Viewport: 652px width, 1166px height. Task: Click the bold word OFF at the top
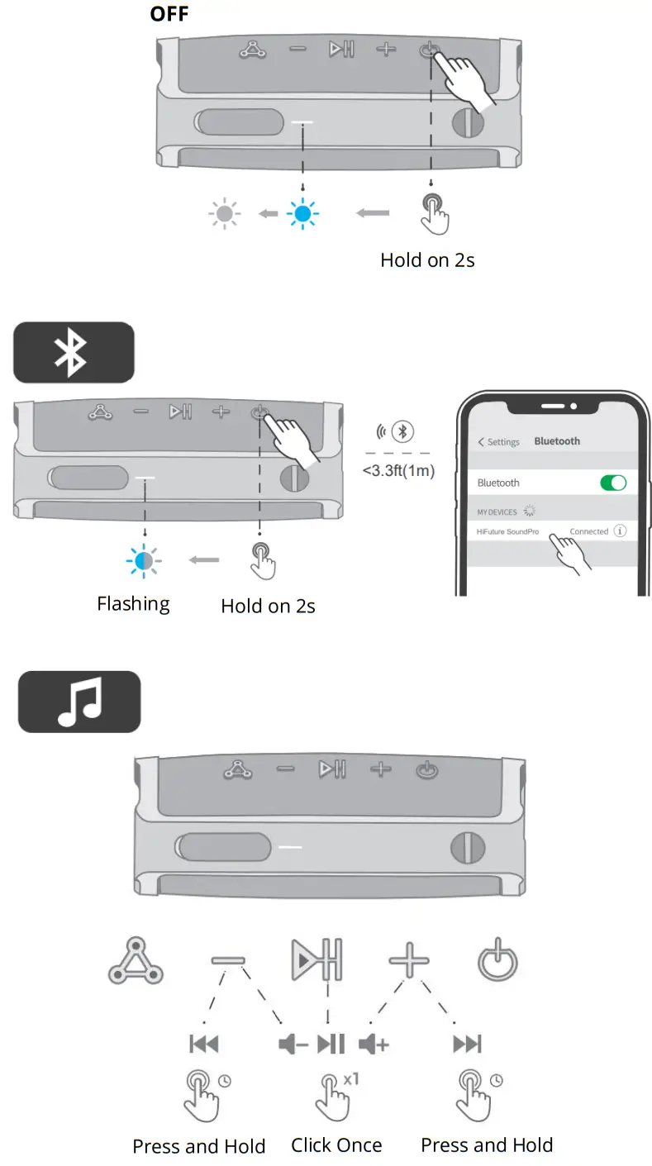click(x=169, y=14)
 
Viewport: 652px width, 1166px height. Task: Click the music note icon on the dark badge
click(x=79, y=702)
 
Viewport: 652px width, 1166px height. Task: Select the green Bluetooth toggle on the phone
click(x=612, y=483)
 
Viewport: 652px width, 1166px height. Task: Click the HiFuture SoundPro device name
click(x=507, y=531)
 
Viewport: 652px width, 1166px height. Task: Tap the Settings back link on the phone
click(x=498, y=442)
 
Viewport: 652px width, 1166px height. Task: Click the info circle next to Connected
click(x=619, y=531)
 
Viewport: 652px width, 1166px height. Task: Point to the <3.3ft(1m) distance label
click(x=398, y=471)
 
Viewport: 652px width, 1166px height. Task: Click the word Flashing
click(x=133, y=604)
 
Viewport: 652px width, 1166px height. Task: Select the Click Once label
click(x=336, y=1145)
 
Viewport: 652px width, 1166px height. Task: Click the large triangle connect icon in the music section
click(x=136, y=964)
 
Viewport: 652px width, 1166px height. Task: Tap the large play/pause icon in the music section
click(x=316, y=961)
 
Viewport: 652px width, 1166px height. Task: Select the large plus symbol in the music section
click(x=409, y=961)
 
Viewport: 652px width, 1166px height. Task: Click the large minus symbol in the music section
click(x=228, y=961)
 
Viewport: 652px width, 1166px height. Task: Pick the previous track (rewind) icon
click(x=204, y=1045)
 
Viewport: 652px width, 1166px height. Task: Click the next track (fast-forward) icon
click(x=467, y=1045)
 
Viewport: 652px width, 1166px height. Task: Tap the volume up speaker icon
click(x=374, y=1045)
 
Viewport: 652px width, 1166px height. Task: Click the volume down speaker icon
click(x=293, y=1045)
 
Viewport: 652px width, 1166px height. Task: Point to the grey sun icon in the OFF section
click(x=224, y=215)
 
